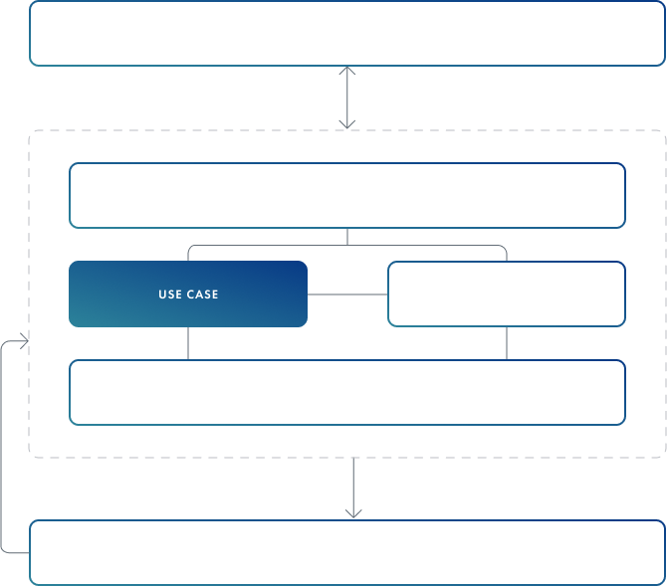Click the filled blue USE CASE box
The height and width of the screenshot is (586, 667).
coord(188,293)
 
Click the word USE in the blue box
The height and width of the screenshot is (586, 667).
coord(170,294)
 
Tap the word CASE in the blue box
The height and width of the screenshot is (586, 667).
coord(202,294)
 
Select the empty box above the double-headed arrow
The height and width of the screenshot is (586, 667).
coord(347,33)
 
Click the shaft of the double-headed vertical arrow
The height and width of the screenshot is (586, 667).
coord(347,97)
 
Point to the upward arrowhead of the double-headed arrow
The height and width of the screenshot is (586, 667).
coord(347,71)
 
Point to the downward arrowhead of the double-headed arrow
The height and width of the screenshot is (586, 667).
coord(347,124)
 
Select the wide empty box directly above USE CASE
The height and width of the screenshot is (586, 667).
coord(347,196)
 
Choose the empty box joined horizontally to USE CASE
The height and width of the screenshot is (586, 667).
coord(507,293)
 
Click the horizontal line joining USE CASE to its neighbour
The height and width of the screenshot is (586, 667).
coord(347,294)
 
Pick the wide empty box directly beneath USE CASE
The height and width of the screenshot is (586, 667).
coord(347,393)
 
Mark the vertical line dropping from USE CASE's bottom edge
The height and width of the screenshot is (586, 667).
coord(188,343)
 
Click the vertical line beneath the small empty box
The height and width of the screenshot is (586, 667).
coord(507,343)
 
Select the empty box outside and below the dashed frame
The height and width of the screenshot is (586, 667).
coord(347,552)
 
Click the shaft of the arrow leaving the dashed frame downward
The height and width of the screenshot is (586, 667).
coord(353,487)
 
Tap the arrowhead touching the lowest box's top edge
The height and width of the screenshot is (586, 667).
coord(353,513)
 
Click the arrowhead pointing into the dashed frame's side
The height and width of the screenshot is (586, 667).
coord(25,341)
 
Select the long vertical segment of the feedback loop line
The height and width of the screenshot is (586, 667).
coord(1,447)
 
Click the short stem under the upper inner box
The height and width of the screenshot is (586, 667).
coord(347,237)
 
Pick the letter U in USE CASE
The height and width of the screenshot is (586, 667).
coord(161,294)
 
